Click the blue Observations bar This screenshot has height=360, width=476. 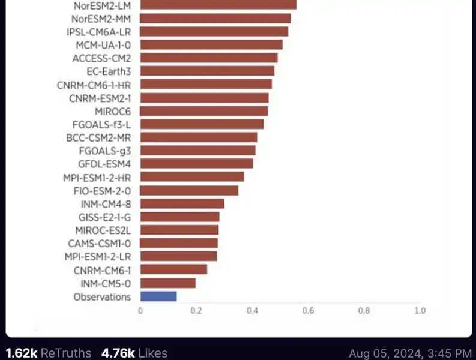tap(158, 296)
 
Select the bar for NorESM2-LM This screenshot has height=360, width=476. tap(218, 5)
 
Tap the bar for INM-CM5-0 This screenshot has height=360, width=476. tap(168, 283)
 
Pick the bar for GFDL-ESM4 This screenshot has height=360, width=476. tap(196, 163)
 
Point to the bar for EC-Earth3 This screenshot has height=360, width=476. tap(207, 71)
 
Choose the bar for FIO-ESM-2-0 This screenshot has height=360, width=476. tap(189, 190)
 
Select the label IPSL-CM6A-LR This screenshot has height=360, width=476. tap(99, 32)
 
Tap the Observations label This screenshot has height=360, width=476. tap(102, 296)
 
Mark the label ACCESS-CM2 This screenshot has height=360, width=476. tap(101, 58)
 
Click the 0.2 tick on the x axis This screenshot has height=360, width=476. tap(196, 311)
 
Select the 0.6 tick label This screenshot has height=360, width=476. tap(308, 311)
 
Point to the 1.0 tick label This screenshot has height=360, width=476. tap(420, 311)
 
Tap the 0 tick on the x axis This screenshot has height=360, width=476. tap(140, 311)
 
